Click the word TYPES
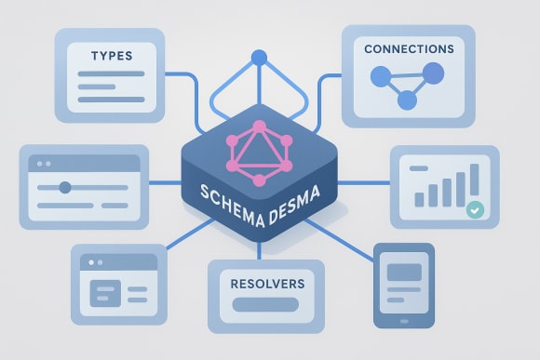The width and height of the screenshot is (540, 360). (x=110, y=56)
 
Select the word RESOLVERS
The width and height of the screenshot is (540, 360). (x=266, y=279)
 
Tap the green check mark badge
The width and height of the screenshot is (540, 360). (x=475, y=210)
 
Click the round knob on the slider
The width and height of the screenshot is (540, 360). (x=65, y=187)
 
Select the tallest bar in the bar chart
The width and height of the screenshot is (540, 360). (x=475, y=181)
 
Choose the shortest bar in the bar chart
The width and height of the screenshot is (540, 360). (x=420, y=198)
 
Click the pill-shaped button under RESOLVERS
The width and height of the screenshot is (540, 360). (x=265, y=303)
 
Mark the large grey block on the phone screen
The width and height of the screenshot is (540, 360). (x=402, y=273)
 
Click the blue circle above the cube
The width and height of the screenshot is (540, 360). (x=260, y=58)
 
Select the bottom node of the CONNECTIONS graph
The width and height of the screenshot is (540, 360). (x=406, y=100)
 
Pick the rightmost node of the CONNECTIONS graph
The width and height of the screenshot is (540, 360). (x=434, y=72)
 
